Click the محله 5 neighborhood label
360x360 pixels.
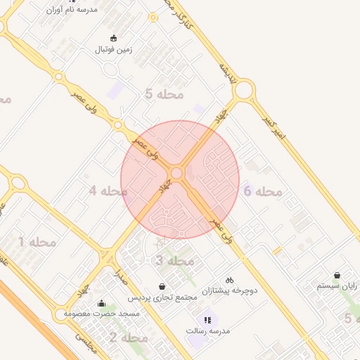click(x=163, y=94)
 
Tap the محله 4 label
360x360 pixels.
click(x=108, y=191)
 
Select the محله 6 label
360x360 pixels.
click(x=262, y=191)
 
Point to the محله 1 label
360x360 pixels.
click(x=37, y=242)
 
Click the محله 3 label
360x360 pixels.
click(x=174, y=261)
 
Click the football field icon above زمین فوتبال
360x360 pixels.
click(x=115, y=38)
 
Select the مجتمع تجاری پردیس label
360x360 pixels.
click(x=163, y=297)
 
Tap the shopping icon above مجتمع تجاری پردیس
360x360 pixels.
click(x=163, y=286)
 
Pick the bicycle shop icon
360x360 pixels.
click(x=229, y=279)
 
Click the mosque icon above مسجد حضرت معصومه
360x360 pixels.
click(x=102, y=304)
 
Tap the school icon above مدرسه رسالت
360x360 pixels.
click(x=207, y=320)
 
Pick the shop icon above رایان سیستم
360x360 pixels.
click(x=337, y=275)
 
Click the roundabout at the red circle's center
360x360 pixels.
click(x=176, y=173)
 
